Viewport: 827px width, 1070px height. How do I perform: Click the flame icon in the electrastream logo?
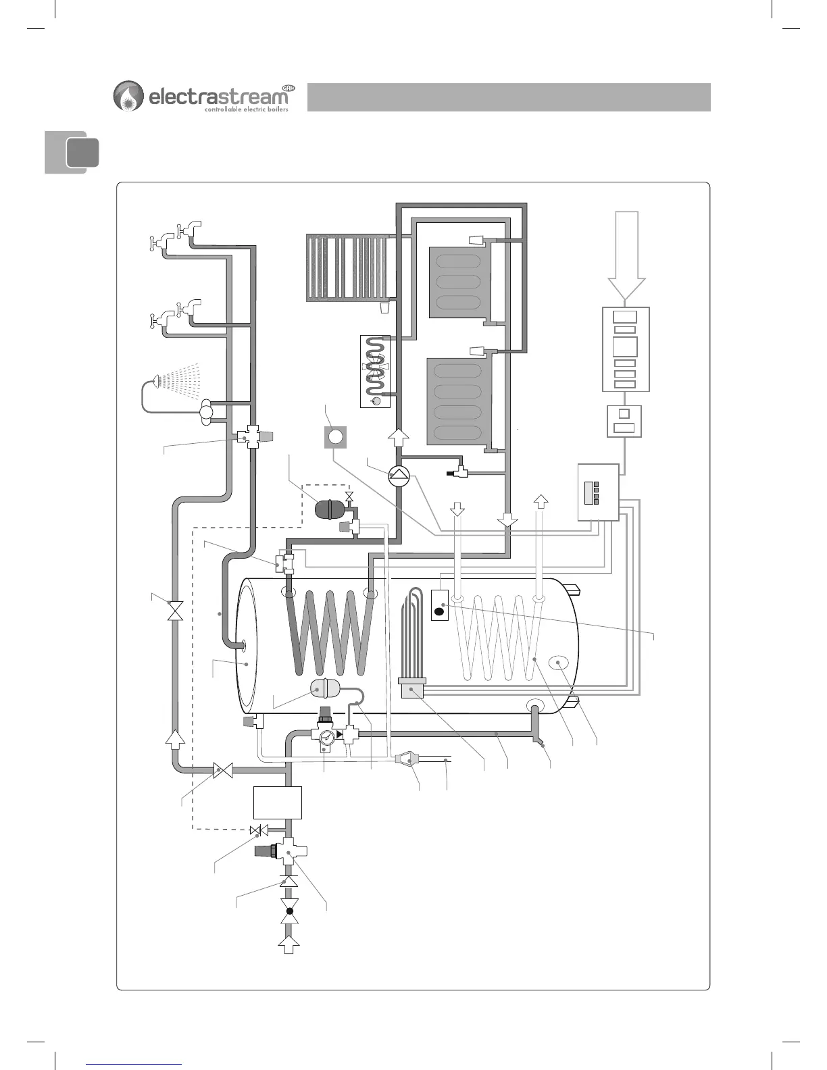click(x=128, y=96)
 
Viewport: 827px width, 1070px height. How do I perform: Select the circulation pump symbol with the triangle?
click(x=399, y=476)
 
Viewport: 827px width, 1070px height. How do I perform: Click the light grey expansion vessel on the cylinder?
click(x=324, y=689)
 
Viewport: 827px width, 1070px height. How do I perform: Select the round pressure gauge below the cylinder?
click(x=326, y=737)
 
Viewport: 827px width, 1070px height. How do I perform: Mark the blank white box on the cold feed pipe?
click(x=277, y=802)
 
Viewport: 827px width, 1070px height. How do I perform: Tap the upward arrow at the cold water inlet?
click(x=289, y=944)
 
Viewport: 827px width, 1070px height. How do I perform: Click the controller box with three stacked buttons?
click(x=598, y=492)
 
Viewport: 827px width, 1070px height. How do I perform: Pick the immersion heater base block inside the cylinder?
click(x=411, y=689)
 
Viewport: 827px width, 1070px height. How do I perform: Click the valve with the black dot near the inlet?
click(x=289, y=911)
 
